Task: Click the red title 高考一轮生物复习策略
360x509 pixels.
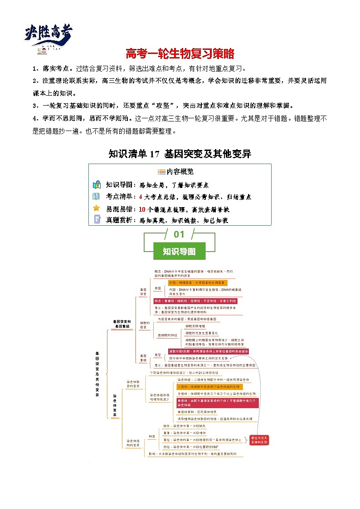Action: coord(180,54)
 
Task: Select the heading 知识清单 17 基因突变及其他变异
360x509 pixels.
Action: coord(180,154)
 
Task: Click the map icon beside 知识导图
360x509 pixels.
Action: coord(97,185)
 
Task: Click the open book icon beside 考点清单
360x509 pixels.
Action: coord(97,196)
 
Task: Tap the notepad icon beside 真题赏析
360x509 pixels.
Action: coord(97,220)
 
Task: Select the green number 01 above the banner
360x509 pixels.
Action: coord(179,234)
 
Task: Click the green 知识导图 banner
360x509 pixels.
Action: coord(179,251)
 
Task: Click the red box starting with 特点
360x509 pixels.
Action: coord(195,301)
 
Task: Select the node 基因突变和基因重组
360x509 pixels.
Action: coord(122,324)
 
